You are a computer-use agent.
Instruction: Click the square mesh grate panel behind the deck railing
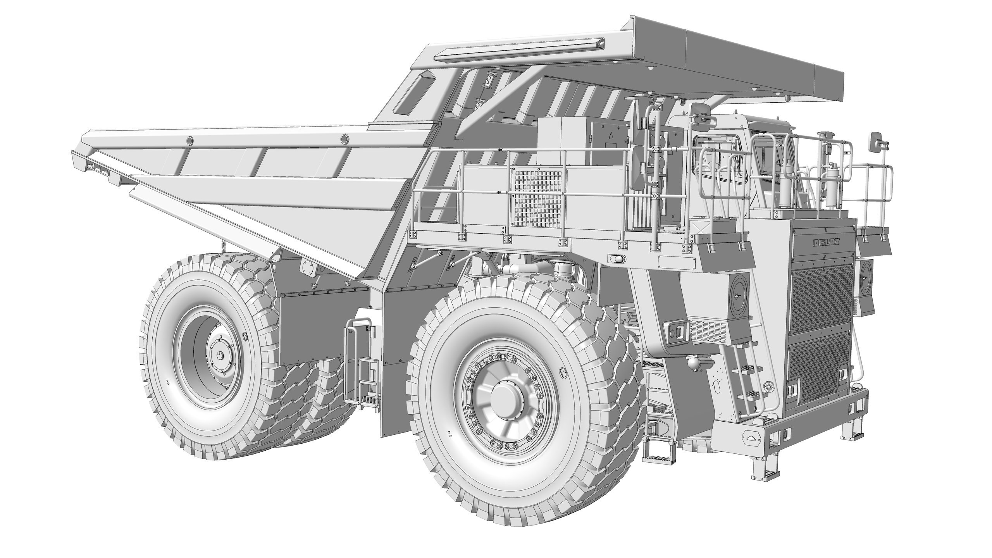(538, 197)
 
